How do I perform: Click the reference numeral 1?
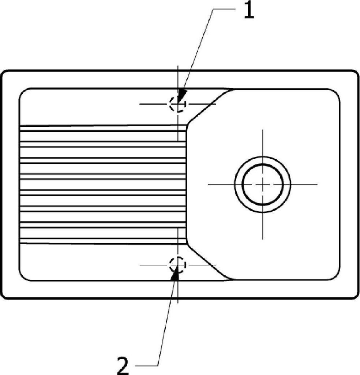pos(248,11)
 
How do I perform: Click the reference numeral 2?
pos(123,365)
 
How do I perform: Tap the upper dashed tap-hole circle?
pos(178,104)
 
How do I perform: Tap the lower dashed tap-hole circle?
pos(178,264)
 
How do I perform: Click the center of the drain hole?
pos(263,184)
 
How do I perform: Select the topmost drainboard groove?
pos(102,128)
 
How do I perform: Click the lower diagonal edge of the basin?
pos(207,262)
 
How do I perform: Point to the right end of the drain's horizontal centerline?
pos(317,184)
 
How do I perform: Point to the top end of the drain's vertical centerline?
pos(263,130)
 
